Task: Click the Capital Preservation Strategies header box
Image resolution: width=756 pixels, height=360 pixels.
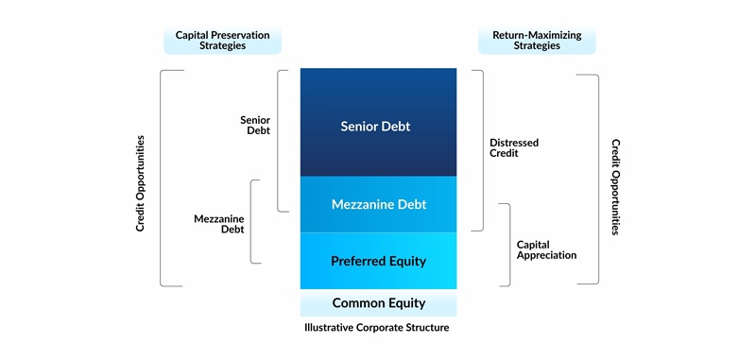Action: [x=222, y=41]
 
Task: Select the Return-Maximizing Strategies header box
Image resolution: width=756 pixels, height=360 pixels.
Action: [x=537, y=41]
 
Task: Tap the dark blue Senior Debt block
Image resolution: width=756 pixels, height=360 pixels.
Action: [x=378, y=125]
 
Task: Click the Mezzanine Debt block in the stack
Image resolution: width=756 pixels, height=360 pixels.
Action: [x=378, y=204]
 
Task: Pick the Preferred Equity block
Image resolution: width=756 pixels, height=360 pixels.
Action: [x=378, y=261]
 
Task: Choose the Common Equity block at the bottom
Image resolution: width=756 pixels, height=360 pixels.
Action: [x=378, y=303]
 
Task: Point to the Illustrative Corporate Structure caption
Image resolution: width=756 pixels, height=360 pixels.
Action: [x=377, y=328]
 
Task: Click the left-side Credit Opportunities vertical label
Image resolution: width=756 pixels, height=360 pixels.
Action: [x=141, y=183]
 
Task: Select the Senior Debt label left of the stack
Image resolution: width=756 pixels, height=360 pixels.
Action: [x=255, y=125]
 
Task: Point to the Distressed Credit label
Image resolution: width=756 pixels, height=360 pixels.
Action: [x=514, y=148]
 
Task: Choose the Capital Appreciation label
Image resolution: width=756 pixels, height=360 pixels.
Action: [x=546, y=249]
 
